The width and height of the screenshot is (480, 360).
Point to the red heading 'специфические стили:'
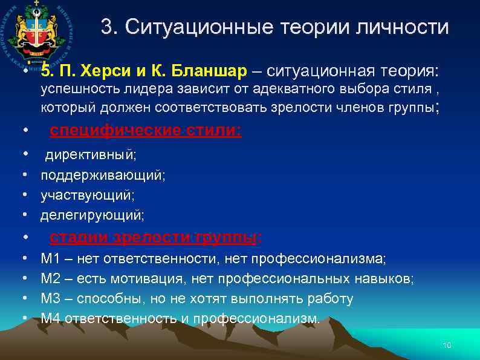tap(145, 131)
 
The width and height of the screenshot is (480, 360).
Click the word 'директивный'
tap(90, 155)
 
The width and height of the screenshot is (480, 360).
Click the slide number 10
tap(447, 345)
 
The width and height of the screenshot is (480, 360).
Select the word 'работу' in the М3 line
tap(332, 299)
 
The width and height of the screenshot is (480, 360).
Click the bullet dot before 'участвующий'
tap(25, 195)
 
